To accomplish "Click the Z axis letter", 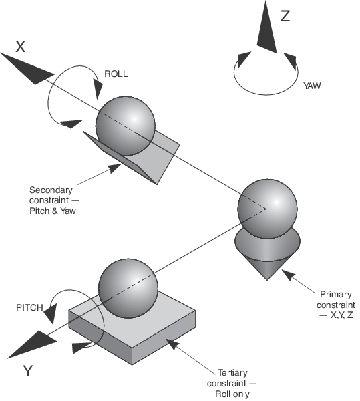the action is point(285,16).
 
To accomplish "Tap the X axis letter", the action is point(21,47).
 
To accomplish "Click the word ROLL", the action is point(116,74).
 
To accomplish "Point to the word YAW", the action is point(312,86).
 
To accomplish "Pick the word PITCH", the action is point(29,307).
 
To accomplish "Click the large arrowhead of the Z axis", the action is point(266,27).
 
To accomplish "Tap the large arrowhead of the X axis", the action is point(27,68).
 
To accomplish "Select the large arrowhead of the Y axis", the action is point(32,344).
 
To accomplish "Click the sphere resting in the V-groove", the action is point(125,126).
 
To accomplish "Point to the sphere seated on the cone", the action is point(267,209).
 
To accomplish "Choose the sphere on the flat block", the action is point(128,288).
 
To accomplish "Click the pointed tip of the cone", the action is point(267,280).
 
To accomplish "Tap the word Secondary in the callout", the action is point(51,190).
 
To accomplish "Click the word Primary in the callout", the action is point(336,294).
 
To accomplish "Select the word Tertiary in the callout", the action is point(232,373).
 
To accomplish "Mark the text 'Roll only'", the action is point(232,394).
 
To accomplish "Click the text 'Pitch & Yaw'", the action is point(53,211).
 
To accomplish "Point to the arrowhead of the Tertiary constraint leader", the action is point(172,344).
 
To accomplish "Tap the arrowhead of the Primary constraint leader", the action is point(289,275).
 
